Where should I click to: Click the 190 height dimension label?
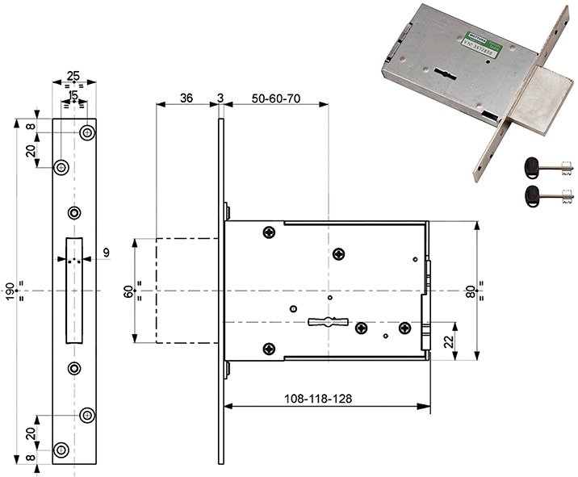pyautogui.click(x=10, y=291)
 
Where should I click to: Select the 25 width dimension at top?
pyautogui.click(x=73, y=77)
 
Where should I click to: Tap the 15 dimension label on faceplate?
pyautogui.click(x=73, y=96)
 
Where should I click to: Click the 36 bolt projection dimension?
pyautogui.click(x=186, y=98)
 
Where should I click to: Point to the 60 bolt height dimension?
pyautogui.click(x=128, y=291)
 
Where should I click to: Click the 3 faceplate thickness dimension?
pyautogui.click(x=220, y=98)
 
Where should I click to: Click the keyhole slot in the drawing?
pyautogui.click(x=327, y=322)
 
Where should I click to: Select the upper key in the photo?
pyautogui.click(x=549, y=167)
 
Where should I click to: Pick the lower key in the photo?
pyautogui.click(x=549, y=194)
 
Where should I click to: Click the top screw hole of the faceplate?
pyautogui.click(x=86, y=132)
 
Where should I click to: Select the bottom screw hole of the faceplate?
pyautogui.click(x=61, y=449)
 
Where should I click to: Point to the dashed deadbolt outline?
pyautogui.click(x=186, y=291)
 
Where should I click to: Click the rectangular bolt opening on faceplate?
pyautogui.click(x=73, y=291)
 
